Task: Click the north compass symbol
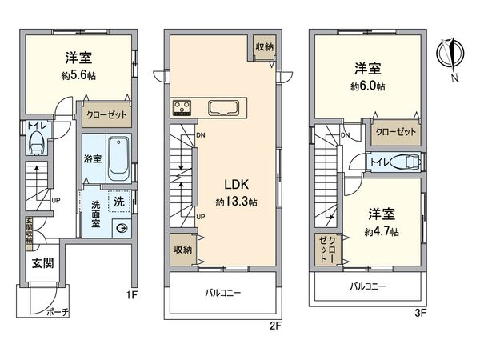point(450,54)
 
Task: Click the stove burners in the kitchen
point(181,108)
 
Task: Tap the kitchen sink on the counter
point(221,108)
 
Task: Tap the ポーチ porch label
point(58,311)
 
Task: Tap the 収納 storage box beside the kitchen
point(264,47)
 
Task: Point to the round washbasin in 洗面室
point(121,227)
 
